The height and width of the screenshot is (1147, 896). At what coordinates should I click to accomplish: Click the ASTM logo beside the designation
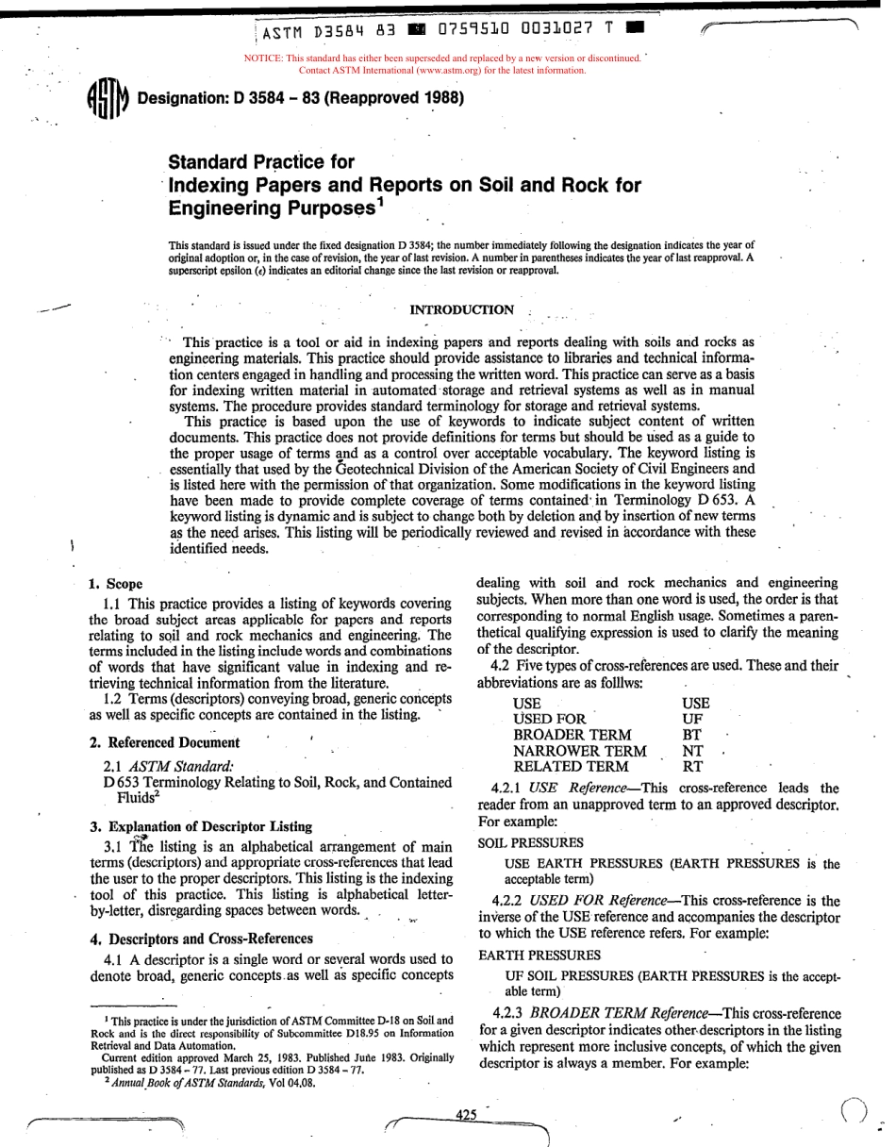[x=107, y=99]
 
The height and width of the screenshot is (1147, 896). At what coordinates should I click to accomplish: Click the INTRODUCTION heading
[x=462, y=309]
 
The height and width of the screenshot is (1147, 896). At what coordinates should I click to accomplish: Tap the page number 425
[x=466, y=1114]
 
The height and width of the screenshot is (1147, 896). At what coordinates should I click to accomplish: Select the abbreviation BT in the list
[x=692, y=735]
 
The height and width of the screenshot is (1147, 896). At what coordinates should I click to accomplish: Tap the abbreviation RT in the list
[x=692, y=767]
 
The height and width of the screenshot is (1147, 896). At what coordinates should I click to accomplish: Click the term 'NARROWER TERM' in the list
[x=579, y=751]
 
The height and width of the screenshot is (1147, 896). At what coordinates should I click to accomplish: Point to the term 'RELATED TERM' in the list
[x=570, y=767]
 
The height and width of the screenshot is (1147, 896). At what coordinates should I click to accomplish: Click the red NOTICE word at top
[x=264, y=58]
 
